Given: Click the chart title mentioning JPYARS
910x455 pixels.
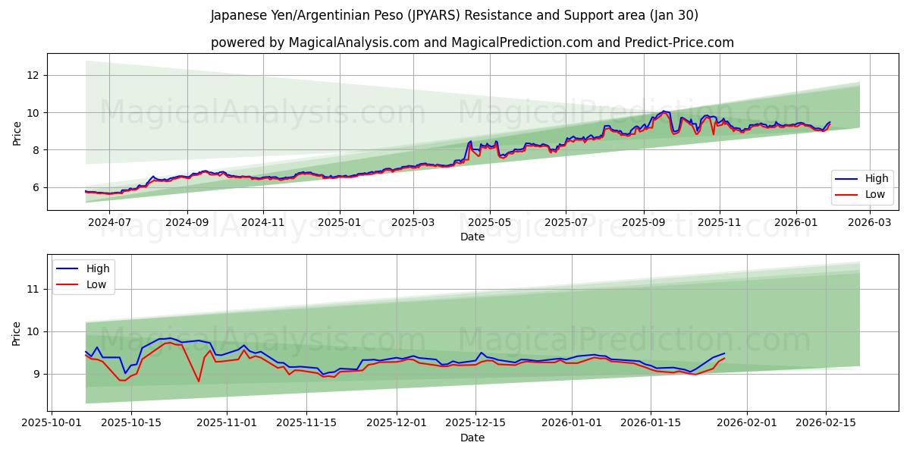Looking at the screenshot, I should (x=454, y=15).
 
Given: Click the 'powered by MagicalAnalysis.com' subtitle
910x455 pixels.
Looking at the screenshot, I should (x=472, y=42).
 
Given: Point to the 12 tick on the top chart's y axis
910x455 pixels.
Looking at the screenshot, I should (x=33, y=75).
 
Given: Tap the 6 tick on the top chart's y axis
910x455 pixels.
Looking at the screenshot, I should (x=36, y=187).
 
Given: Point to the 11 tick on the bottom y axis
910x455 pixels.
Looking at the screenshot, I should (x=33, y=289).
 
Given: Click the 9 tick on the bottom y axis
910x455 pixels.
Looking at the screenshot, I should (x=36, y=374).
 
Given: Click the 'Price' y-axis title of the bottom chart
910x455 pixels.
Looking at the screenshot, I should (x=17, y=333).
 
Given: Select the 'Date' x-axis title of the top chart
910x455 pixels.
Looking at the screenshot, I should (x=472, y=237).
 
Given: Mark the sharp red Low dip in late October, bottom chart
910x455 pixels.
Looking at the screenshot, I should (x=199, y=381).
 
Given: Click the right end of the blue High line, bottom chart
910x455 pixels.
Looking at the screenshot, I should (x=724, y=353).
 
